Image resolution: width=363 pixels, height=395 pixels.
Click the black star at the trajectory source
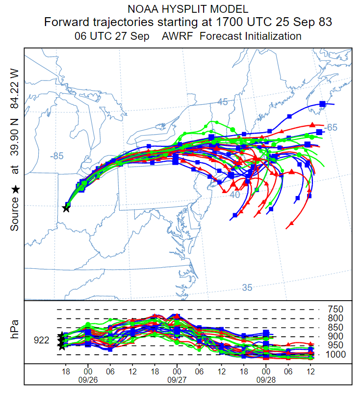click(x=66, y=208)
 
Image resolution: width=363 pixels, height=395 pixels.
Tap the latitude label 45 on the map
click(x=223, y=102)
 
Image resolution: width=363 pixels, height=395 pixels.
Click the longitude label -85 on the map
click(x=57, y=156)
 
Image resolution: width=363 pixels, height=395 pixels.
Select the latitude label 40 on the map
click(x=234, y=195)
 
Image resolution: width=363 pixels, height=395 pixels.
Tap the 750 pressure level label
click(x=335, y=310)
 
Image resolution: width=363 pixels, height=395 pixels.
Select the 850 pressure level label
click(x=335, y=328)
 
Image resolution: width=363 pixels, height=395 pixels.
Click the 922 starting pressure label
click(x=42, y=340)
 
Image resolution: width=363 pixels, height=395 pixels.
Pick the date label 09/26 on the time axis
click(x=88, y=380)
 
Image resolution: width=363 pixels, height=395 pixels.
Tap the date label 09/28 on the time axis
click(x=266, y=380)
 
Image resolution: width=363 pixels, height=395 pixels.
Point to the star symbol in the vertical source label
click(x=15, y=189)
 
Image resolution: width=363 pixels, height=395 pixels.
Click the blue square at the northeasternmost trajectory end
click(x=322, y=104)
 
